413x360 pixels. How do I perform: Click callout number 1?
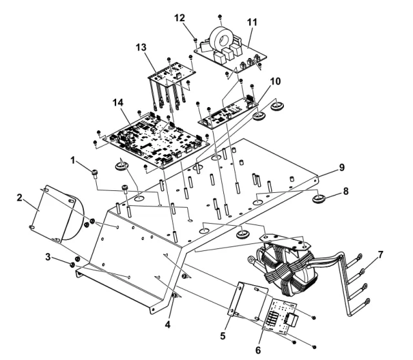pos(75,159)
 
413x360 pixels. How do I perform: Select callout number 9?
pos(340,166)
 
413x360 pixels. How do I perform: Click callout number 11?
pos(252,23)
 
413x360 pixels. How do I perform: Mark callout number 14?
pos(117,103)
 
